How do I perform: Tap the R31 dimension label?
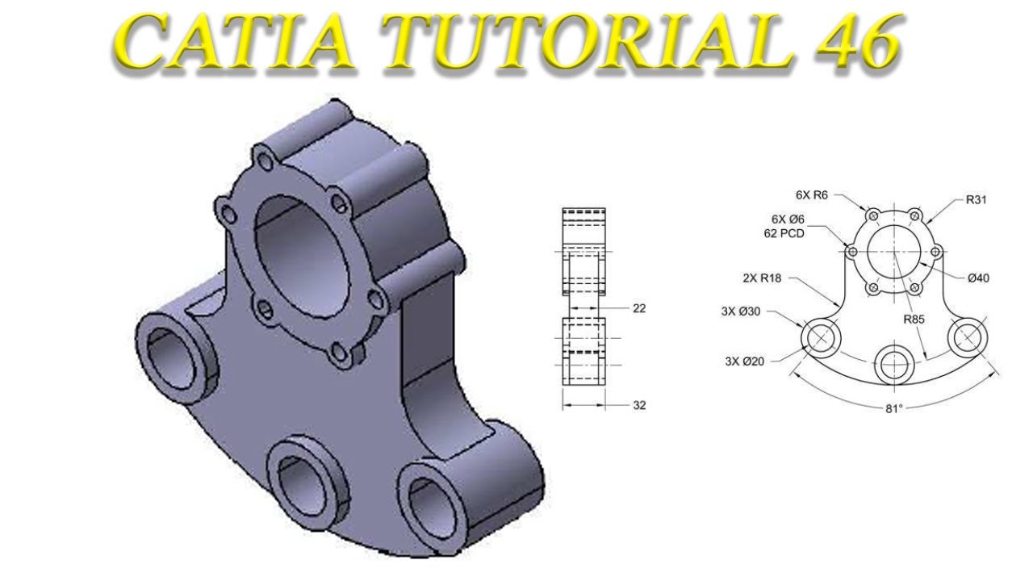pyautogui.click(x=976, y=199)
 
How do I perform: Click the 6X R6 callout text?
pyautogui.click(x=811, y=194)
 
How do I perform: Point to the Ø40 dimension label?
pyautogui.click(x=978, y=278)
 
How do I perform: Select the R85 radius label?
pyautogui.click(x=914, y=319)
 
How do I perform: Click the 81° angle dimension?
pyautogui.click(x=893, y=408)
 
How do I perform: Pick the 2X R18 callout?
pyautogui.click(x=763, y=278)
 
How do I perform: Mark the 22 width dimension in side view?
pyautogui.click(x=639, y=308)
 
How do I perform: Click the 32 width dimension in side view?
pyautogui.click(x=639, y=406)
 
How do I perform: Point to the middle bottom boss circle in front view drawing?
pyautogui.click(x=893, y=365)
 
